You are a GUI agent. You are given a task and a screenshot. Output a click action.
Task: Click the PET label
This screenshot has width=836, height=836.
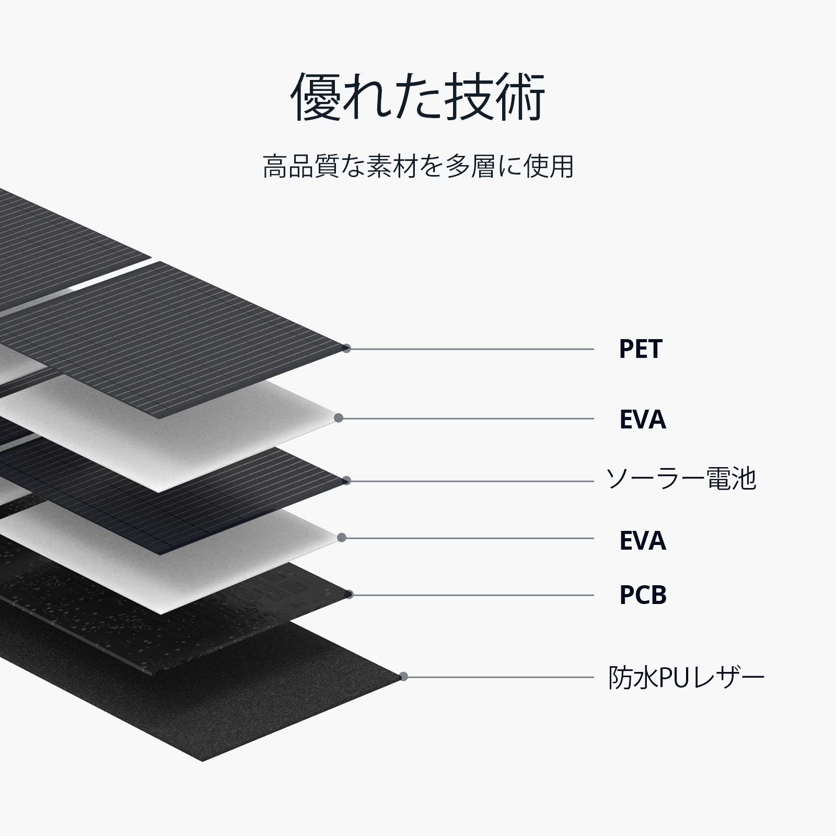(640, 349)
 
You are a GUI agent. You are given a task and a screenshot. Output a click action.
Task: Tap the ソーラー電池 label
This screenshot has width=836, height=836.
(681, 479)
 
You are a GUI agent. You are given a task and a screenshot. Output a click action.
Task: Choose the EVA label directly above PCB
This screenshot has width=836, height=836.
(642, 541)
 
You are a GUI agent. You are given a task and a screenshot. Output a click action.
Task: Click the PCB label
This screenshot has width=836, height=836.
(643, 595)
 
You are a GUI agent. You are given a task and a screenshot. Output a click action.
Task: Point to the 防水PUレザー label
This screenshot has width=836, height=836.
(686, 678)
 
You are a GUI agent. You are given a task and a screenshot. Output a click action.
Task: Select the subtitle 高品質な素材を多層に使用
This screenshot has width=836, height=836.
(418, 166)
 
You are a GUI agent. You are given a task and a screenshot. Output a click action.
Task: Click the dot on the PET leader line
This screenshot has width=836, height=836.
(346, 349)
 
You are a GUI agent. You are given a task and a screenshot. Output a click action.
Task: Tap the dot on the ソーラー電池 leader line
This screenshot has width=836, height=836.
(346, 481)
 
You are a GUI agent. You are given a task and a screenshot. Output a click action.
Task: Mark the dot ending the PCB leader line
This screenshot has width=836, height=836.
(349, 595)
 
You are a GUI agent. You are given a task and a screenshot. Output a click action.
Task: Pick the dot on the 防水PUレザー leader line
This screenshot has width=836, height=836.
(403, 677)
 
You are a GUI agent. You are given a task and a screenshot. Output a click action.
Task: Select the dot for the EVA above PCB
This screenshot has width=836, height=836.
(342, 538)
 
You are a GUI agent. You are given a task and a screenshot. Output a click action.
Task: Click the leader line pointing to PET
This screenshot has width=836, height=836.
(470, 349)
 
